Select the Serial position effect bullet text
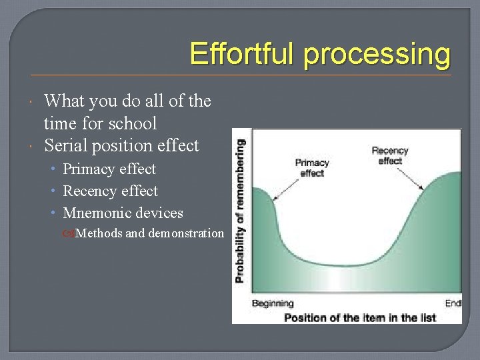click(x=121, y=145)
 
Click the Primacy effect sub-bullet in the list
click(x=109, y=169)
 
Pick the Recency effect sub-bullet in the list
click(x=110, y=191)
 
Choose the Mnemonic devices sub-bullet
click(x=123, y=213)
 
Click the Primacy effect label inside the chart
click(x=312, y=167)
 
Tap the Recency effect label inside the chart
click(x=390, y=156)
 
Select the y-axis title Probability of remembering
click(x=240, y=210)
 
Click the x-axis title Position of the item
click(x=360, y=317)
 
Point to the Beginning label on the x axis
click(x=273, y=304)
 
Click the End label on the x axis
click(x=453, y=304)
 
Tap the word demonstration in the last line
click(x=186, y=233)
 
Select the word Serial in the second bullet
click(x=64, y=145)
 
